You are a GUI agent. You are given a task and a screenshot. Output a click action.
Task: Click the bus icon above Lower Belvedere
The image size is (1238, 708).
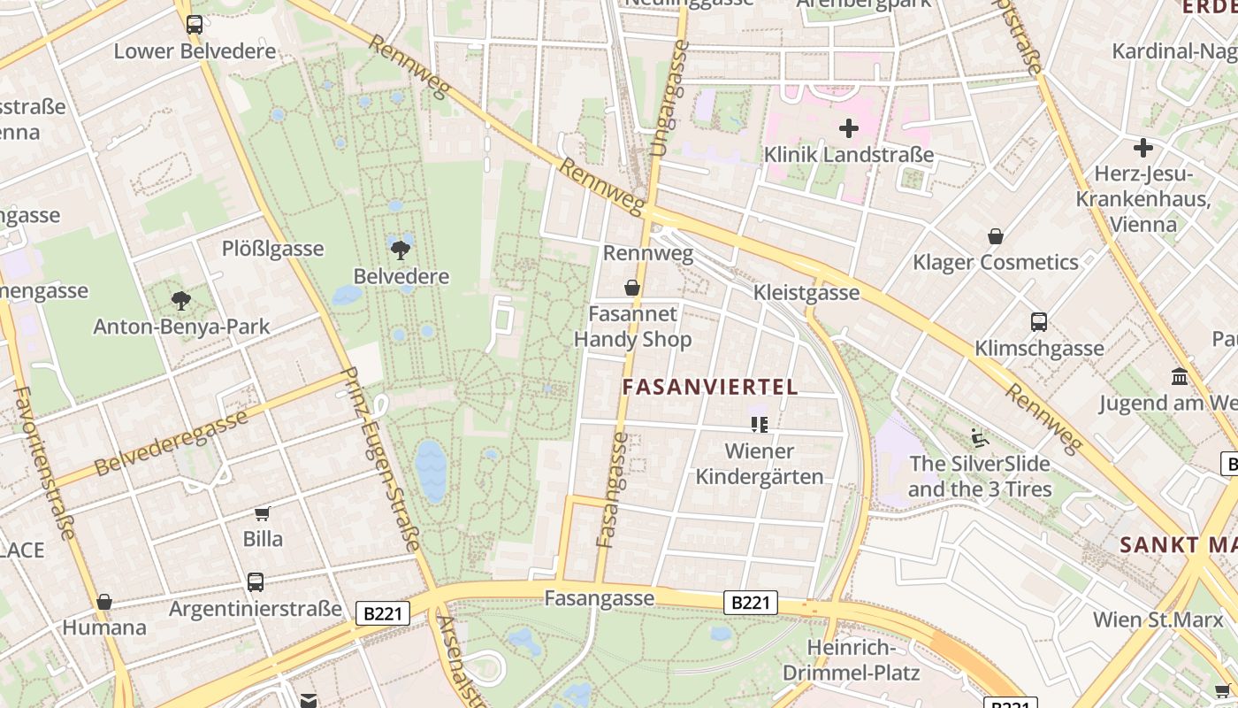tap(195, 25)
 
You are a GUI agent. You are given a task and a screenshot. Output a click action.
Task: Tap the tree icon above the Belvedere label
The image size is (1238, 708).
tap(401, 250)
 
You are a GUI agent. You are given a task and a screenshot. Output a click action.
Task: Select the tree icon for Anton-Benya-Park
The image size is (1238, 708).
tap(182, 301)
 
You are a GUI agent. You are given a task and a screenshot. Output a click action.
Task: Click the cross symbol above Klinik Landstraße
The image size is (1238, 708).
tap(849, 129)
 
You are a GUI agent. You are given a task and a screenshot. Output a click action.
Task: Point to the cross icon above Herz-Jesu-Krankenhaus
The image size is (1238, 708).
tap(1142, 148)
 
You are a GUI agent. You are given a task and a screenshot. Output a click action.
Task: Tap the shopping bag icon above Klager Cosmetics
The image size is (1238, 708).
tap(996, 236)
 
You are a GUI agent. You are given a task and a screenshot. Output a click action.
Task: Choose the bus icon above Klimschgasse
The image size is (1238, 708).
tap(1039, 322)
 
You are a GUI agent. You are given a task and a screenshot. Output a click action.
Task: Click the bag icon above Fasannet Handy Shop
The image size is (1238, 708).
tap(632, 288)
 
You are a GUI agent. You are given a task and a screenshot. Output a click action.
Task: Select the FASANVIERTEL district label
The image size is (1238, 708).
tap(710, 387)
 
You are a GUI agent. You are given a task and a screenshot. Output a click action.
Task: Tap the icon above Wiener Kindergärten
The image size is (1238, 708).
tap(759, 425)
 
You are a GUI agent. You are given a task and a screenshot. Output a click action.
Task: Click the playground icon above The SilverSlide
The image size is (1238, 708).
tap(980, 437)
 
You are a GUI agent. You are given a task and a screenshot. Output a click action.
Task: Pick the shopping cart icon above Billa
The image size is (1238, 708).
tap(263, 513)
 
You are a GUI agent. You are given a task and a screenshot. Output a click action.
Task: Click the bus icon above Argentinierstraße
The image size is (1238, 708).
tap(256, 582)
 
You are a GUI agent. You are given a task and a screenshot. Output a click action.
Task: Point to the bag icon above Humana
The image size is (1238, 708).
tap(104, 602)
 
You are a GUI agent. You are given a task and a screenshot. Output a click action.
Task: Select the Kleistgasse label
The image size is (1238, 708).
tap(806, 293)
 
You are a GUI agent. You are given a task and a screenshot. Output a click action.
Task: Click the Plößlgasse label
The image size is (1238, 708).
tap(272, 249)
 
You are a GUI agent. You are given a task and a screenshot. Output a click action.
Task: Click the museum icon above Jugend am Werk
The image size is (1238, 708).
tap(1179, 377)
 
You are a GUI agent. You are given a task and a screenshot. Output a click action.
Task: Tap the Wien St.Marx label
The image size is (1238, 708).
tap(1158, 619)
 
